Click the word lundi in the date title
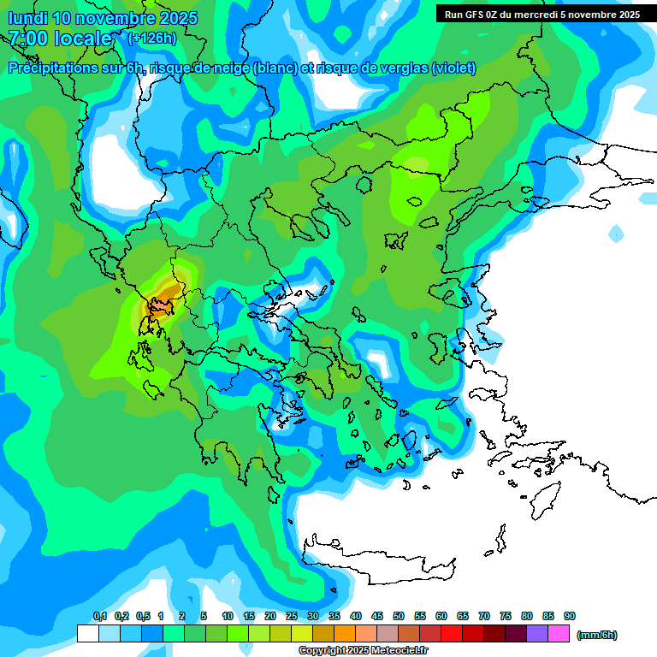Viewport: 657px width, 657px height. pos(27,18)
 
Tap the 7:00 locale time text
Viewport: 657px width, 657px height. pos(61,38)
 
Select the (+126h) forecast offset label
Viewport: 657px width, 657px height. pos(151,38)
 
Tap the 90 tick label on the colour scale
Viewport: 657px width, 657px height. pos(569,617)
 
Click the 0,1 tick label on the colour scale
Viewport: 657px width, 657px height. pos(99,617)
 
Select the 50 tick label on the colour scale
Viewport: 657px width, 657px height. pos(399,617)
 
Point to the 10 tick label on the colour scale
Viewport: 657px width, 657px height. pos(228,617)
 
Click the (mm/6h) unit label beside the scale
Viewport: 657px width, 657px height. pos(597,635)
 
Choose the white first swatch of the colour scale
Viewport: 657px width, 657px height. pos(88,634)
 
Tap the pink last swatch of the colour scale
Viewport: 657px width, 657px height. pos(559,634)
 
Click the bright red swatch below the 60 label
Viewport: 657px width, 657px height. pos(452,634)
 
